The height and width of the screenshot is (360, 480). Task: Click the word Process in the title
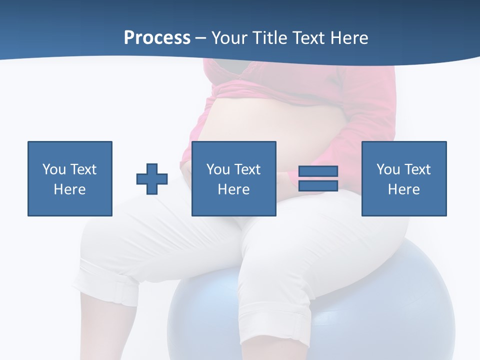[157, 38]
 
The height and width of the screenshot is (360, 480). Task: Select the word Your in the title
[229, 38]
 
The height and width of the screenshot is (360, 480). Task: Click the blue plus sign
[152, 179]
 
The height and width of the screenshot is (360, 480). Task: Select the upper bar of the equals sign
[318, 171]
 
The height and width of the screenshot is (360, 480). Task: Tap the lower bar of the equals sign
[318, 185]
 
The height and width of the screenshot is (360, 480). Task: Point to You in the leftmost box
[53, 169]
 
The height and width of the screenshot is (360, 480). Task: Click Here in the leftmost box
[70, 189]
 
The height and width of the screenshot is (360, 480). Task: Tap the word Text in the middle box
[247, 169]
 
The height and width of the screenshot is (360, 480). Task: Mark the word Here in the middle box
[234, 189]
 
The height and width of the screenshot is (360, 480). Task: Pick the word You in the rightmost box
[388, 169]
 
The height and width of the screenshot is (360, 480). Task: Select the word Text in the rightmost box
[417, 169]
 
